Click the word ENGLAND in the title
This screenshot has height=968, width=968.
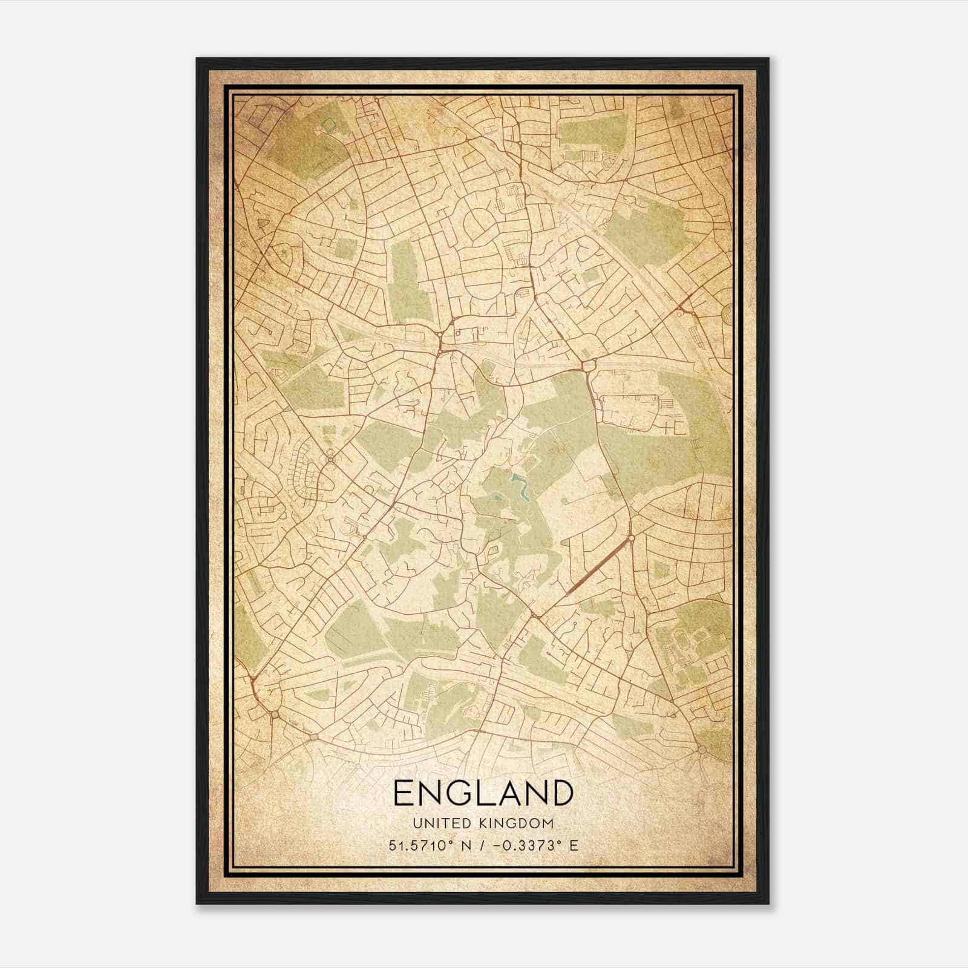pos(483,793)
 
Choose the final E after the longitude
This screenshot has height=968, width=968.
pos(574,845)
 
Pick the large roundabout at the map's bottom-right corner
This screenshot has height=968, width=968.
pos(702,750)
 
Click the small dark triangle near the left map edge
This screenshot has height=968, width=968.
pos(263,224)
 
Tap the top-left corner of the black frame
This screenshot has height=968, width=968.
pos(198,59)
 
